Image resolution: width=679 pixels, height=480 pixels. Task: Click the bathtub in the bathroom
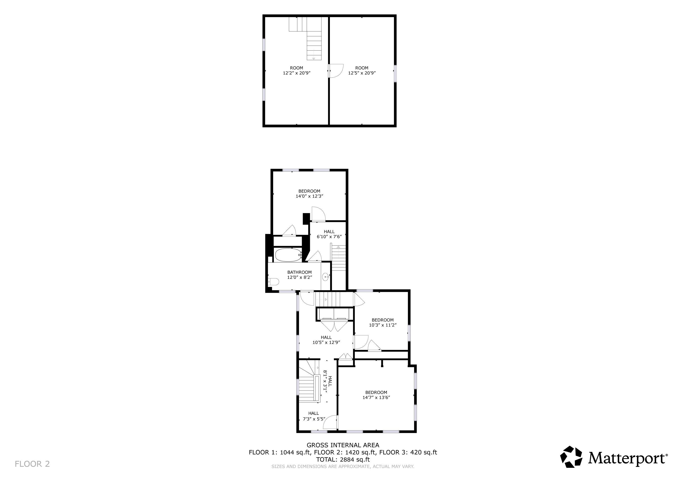tap(287, 255)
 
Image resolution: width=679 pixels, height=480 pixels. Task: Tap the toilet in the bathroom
tap(274, 282)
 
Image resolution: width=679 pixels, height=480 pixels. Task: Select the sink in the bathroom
tap(326, 277)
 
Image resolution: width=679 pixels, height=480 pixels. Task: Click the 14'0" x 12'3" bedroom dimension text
tap(309, 196)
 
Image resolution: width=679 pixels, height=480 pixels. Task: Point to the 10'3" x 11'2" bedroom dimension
tap(382, 325)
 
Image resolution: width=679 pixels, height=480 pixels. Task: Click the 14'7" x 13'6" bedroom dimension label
tap(376, 397)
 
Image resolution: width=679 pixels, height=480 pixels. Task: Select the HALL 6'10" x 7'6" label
tap(329, 234)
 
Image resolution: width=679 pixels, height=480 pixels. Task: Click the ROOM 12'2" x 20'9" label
tap(296, 70)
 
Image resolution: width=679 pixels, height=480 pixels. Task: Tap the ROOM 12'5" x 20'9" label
tap(362, 70)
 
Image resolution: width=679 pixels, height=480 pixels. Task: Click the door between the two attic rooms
tap(336, 71)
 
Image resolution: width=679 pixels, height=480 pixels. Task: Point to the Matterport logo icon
tap(571, 457)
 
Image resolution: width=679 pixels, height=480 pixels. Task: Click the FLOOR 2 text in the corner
tap(32, 464)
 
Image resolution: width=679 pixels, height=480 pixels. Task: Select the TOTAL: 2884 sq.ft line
tap(343, 460)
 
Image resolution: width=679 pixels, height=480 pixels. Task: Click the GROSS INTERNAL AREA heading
tap(343, 445)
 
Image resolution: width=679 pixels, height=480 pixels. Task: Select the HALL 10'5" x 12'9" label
tap(326, 340)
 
